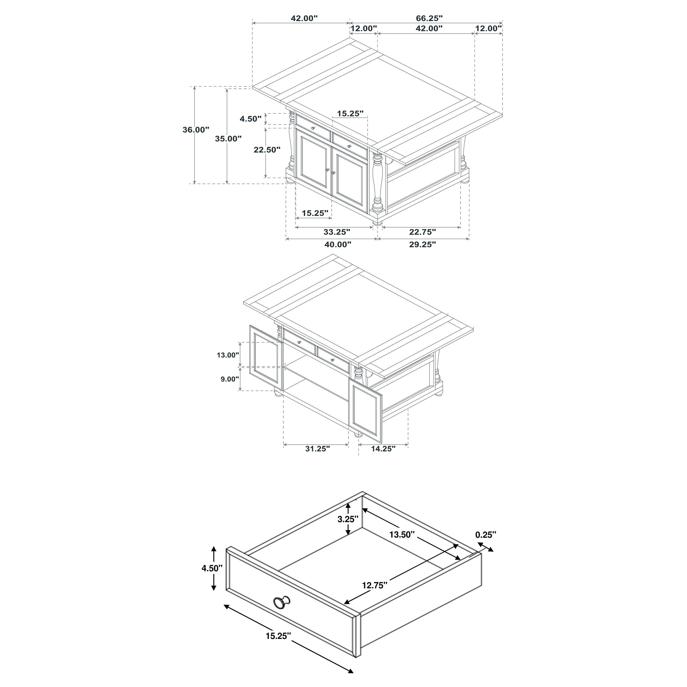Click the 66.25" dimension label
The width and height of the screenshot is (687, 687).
[429, 18]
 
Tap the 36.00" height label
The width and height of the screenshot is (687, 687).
[196, 130]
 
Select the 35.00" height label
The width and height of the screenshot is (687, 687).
[228, 139]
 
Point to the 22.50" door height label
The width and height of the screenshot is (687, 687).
[267, 150]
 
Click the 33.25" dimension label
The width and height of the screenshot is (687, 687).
[337, 232]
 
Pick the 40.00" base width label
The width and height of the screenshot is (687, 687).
[338, 244]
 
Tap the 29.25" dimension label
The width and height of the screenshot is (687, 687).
[422, 244]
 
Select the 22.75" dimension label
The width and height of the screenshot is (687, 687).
[422, 232]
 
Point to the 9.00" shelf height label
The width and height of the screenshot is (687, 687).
[230, 379]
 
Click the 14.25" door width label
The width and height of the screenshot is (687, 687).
[383, 449]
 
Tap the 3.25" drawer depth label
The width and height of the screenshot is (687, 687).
[348, 519]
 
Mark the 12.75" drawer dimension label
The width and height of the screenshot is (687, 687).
[375, 585]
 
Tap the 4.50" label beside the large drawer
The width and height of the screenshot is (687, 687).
[212, 568]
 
